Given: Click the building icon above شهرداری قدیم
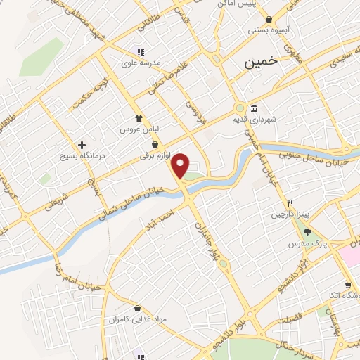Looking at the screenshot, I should [x=253, y=108].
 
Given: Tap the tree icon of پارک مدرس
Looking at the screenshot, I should [x=307, y=233].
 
